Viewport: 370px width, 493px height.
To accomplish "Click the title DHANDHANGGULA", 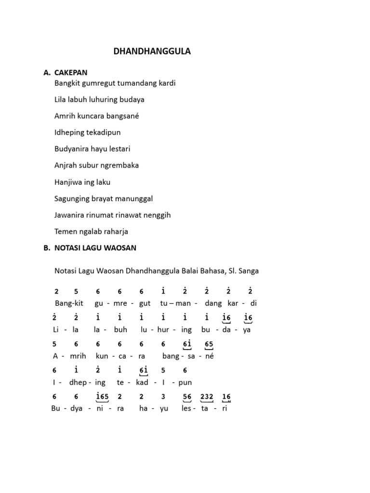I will [x=152, y=52].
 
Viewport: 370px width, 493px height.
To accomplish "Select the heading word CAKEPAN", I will [x=71, y=73].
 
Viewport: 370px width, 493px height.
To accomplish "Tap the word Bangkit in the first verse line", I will [x=67, y=83].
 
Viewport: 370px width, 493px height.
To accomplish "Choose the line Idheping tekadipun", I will [x=88, y=132].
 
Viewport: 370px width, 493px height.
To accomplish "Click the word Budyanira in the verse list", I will [x=72, y=149].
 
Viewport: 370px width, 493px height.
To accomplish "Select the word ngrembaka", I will [x=119, y=165].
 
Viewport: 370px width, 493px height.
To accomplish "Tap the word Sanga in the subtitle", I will [x=249, y=271].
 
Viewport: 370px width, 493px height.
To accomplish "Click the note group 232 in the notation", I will [x=207, y=396].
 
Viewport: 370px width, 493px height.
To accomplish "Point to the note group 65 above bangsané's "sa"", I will [x=209, y=344].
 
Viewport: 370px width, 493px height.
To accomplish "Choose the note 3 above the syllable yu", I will [x=163, y=396].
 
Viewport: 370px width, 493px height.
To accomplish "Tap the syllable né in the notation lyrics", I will [x=210, y=356].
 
